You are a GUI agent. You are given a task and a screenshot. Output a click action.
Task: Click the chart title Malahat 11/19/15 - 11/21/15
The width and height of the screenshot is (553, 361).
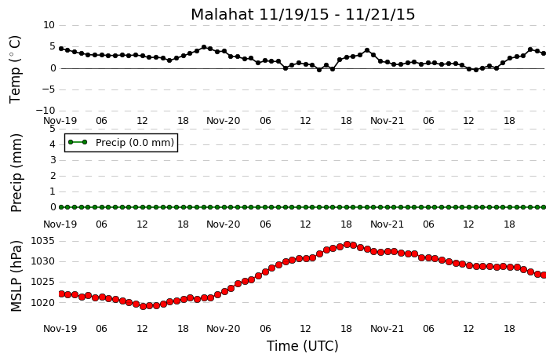(303, 15)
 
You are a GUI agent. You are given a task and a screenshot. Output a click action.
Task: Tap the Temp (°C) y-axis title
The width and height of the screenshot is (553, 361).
(15, 69)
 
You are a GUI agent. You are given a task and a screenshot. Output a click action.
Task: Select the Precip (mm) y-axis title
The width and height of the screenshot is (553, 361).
(16, 173)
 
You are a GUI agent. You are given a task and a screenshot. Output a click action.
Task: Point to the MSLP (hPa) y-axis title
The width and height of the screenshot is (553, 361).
(16, 276)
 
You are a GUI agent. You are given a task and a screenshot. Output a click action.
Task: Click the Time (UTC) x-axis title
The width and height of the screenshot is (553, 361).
(302, 346)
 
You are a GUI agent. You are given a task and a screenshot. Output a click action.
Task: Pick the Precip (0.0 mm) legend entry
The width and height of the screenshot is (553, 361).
(121, 143)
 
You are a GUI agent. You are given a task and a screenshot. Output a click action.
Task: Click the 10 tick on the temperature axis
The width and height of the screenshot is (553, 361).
(49, 25)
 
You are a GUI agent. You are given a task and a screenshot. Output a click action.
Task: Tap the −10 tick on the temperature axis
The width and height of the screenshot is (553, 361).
(45, 111)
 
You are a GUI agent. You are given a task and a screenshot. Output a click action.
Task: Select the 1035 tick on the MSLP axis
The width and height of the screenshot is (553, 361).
(43, 242)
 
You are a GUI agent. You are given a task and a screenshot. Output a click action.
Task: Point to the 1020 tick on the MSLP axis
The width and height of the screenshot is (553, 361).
(43, 302)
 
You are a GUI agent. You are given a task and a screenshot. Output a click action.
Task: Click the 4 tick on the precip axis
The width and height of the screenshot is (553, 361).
(53, 144)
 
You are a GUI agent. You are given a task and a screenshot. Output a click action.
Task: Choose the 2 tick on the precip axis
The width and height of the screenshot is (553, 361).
(53, 176)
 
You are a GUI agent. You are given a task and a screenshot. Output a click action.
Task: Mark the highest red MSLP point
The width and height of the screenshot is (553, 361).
(347, 245)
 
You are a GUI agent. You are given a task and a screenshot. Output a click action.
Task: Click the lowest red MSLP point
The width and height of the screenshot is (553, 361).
(143, 306)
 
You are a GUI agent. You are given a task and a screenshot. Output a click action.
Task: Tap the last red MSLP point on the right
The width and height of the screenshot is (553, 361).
(544, 275)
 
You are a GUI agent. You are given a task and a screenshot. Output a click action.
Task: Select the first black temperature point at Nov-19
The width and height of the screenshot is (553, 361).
(61, 49)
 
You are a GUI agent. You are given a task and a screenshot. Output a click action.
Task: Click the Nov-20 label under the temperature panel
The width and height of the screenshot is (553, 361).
(223, 121)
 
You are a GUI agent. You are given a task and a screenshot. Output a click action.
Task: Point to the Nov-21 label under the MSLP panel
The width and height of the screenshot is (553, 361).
(387, 329)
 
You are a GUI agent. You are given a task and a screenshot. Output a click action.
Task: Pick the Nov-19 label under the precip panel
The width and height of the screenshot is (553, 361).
(60, 224)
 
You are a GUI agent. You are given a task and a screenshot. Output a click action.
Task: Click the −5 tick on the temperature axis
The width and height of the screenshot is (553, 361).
(49, 89)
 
